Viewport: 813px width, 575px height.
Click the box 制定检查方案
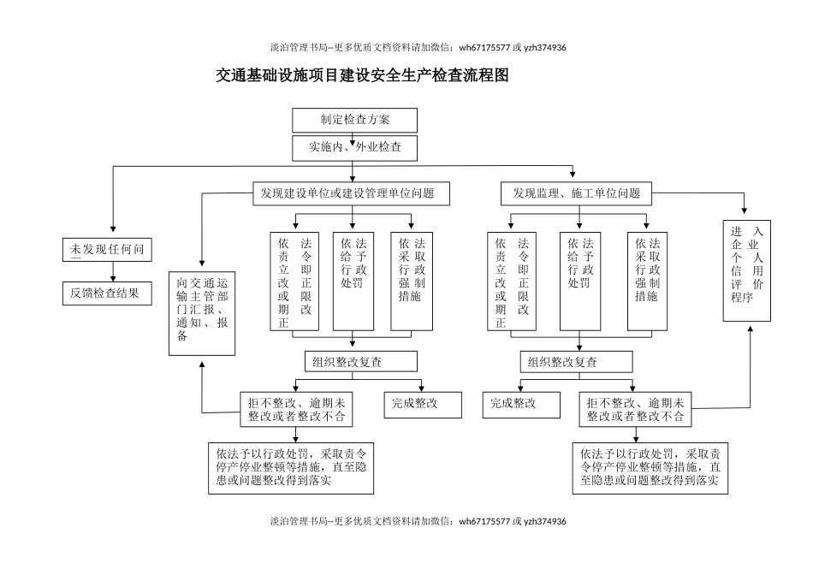pos(354,120)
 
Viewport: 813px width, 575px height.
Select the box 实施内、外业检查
pos(354,147)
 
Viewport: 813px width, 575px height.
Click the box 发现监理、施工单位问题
pos(576,193)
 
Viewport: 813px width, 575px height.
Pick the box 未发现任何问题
pos(105,249)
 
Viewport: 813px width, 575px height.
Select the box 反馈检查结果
pos(105,293)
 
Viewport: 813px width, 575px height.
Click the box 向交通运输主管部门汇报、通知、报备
pos(201,313)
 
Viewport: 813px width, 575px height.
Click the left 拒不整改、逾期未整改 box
pos(296,410)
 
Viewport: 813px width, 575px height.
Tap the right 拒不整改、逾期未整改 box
pos(635,410)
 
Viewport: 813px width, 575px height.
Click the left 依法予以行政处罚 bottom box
pos(291,468)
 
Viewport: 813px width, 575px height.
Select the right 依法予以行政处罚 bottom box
pos(650,468)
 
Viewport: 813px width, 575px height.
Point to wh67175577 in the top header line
pos(485,48)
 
